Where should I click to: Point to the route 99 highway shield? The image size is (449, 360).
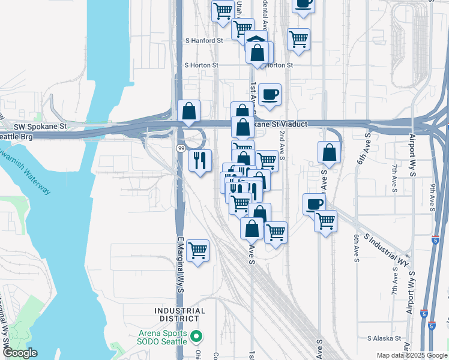click(180, 148)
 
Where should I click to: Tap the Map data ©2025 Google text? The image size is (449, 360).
click(411, 355)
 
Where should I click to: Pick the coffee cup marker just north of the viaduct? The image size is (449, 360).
click(270, 94)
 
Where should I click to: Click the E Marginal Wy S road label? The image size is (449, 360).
click(179, 264)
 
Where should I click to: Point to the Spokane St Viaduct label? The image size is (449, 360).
click(281, 124)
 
